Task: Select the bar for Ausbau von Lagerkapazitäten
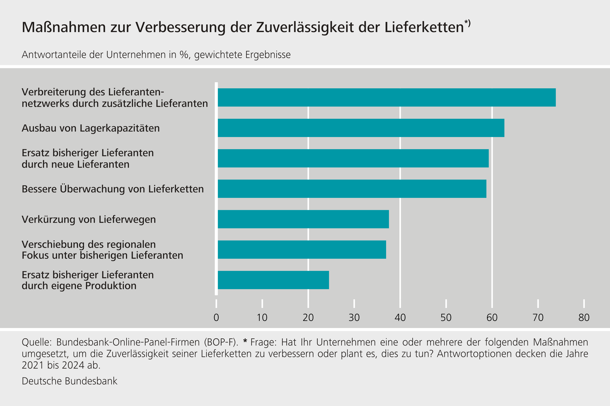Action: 361,128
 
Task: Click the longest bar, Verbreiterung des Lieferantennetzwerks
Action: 387,97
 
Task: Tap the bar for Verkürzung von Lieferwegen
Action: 303,219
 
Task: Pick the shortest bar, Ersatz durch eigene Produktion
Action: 273,280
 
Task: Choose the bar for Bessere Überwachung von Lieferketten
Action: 352,189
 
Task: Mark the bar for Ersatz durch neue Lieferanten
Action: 353,158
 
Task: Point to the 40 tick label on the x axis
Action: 400,318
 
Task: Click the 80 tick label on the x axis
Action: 584,318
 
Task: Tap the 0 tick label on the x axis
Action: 216,318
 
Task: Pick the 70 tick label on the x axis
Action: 538,318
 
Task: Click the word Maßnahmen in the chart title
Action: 64,27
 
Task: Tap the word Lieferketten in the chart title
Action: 424,27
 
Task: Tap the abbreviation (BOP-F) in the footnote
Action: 221,342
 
